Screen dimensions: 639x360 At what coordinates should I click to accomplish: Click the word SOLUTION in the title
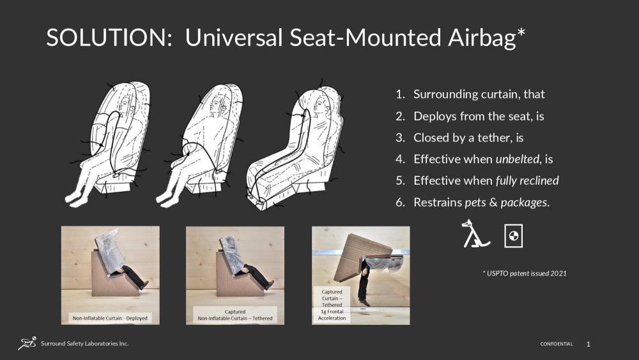click(109, 38)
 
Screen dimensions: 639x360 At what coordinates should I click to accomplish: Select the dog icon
click(475, 233)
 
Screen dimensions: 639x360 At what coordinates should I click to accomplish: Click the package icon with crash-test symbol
click(514, 236)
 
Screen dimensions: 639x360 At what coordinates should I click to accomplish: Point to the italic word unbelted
click(518, 159)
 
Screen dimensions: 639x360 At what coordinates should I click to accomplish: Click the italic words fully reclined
click(527, 180)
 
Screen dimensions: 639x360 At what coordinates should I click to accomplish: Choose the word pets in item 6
click(475, 203)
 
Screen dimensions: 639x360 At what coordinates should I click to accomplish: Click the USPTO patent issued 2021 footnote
click(525, 274)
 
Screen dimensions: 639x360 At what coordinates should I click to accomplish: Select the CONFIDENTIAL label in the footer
click(557, 344)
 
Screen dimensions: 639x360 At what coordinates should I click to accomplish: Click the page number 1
click(588, 345)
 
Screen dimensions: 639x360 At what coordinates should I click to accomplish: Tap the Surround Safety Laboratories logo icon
click(27, 343)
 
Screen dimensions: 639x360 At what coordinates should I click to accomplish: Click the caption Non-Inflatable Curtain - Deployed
click(110, 318)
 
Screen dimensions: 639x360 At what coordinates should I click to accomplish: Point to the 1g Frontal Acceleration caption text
click(332, 315)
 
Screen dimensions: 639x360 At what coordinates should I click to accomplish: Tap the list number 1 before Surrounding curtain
click(400, 95)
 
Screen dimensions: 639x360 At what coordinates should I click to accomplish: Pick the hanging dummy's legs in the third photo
click(364, 283)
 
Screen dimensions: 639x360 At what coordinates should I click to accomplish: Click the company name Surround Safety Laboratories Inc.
click(85, 343)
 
